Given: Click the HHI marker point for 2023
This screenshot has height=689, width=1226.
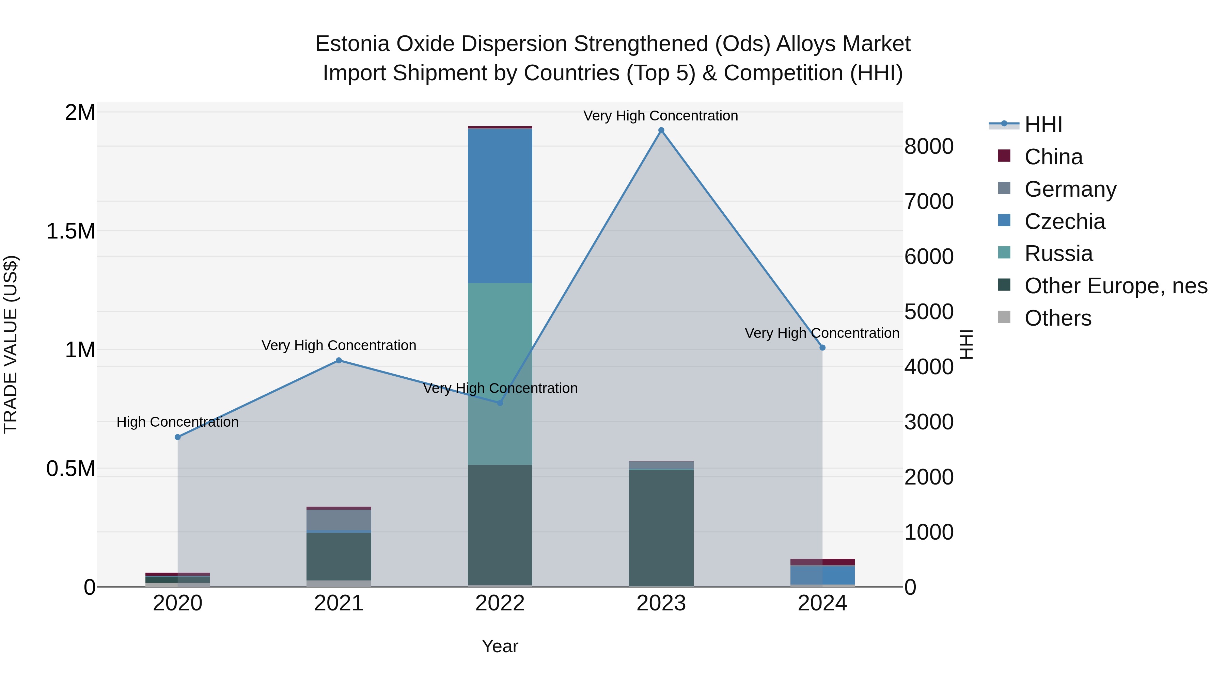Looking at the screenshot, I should [x=661, y=130].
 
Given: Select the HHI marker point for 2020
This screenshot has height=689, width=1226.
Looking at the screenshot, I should [x=177, y=437].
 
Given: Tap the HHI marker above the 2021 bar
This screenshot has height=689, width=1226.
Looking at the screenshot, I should [x=339, y=360].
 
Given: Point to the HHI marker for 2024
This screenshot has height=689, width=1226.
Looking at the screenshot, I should [x=822, y=348].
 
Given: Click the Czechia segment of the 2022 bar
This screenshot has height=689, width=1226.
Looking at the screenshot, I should [x=500, y=206].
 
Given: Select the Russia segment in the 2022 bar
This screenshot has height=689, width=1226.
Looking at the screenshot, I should [x=500, y=373].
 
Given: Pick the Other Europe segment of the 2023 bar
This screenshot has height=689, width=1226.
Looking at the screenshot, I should [x=661, y=528].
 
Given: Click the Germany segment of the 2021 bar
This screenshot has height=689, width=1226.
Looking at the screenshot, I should [x=339, y=520].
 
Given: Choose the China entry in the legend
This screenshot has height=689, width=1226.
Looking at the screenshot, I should [x=1053, y=157].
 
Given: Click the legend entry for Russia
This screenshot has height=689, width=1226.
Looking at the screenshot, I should [x=1058, y=253].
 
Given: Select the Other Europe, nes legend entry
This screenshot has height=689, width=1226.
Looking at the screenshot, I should [x=1115, y=286].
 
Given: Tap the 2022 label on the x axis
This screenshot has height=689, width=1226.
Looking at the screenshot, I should [x=500, y=603].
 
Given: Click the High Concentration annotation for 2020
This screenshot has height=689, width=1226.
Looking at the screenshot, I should [x=177, y=422].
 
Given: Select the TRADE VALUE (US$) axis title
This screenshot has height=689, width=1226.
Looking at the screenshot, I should [x=11, y=344].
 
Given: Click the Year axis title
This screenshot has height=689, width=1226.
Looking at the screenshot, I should [x=500, y=646].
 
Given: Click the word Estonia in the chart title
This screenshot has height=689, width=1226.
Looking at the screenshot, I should [x=352, y=44].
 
